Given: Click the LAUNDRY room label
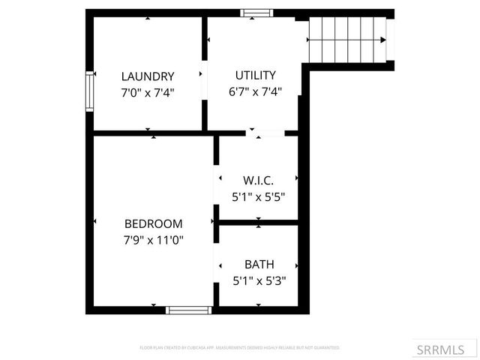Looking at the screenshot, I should tap(148, 76).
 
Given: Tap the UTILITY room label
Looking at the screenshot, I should tap(256, 75).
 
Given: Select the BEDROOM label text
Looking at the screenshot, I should tap(154, 223).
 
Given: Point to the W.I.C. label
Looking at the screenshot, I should tap(258, 181).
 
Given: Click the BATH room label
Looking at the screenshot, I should tap(259, 265).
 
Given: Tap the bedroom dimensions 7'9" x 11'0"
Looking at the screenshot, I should tap(154, 240).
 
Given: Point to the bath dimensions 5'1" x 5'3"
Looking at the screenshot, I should tap(259, 281).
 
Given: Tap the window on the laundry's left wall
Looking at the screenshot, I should tap(89, 91).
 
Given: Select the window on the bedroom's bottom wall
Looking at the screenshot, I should tap(188, 309).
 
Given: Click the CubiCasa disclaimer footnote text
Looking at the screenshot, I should tap(240, 348).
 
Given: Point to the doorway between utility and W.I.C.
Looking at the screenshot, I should tap(265, 133).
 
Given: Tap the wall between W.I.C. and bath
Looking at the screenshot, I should tap(259, 223).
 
